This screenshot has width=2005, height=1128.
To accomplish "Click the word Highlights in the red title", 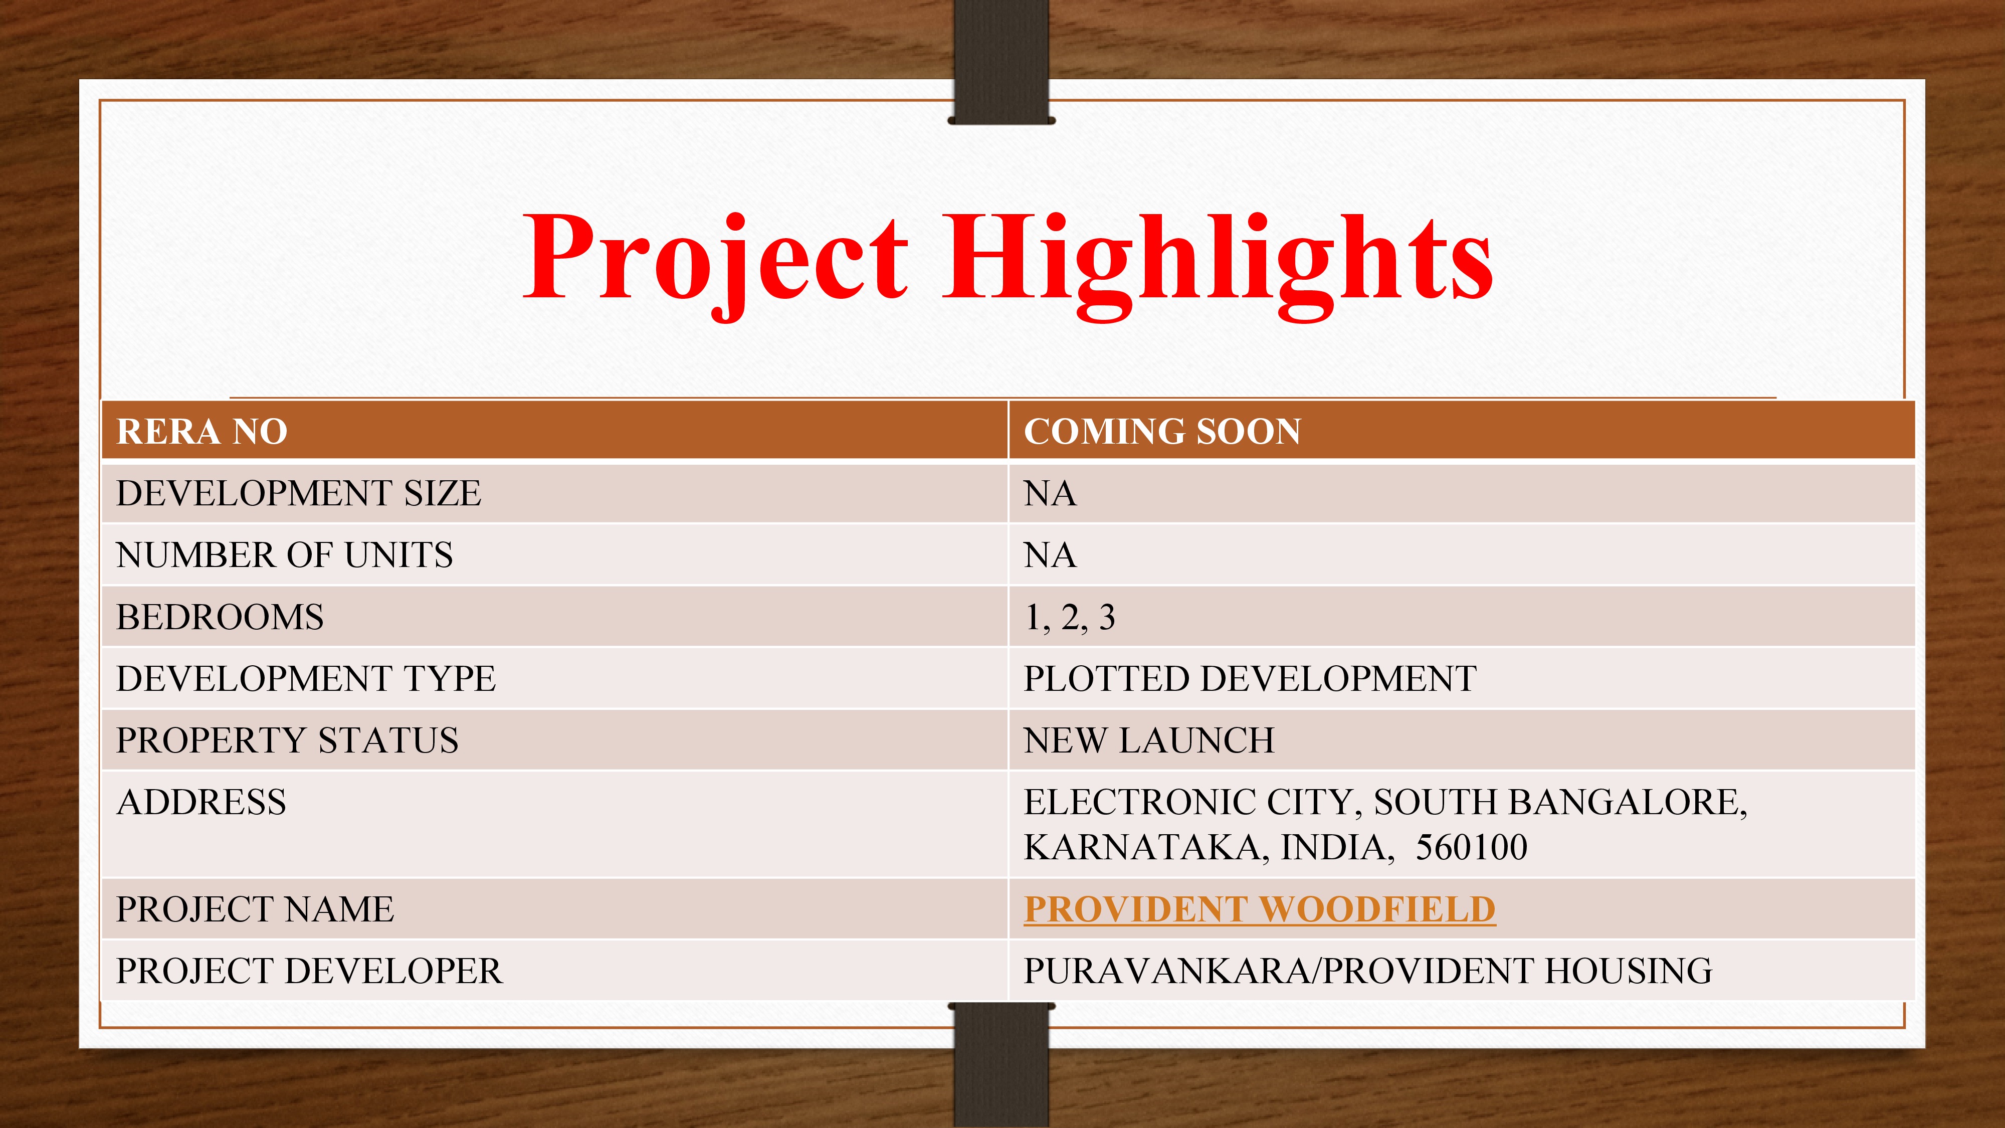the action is pyautogui.click(x=1218, y=261).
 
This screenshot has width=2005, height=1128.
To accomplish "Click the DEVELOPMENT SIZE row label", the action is pyautogui.click(x=299, y=493).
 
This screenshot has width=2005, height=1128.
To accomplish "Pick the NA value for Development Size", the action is pyautogui.click(x=1050, y=493).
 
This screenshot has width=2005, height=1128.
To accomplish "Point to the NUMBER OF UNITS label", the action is pyautogui.click(x=285, y=555).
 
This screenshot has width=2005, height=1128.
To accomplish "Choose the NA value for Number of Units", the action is pyautogui.click(x=1050, y=555).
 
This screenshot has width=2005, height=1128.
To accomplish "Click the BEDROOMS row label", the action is pyautogui.click(x=220, y=617).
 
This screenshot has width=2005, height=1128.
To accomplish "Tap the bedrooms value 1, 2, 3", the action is pyautogui.click(x=1070, y=617).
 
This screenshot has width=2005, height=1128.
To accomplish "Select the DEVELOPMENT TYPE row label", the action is pyautogui.click(x=306, y=678).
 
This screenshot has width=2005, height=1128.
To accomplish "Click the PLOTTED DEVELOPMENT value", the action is pyautogui.click(x=1250, y=678).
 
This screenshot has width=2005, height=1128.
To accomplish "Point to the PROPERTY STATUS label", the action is pyautogui.click(x=287, y=739).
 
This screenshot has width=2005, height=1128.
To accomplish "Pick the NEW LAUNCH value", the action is pyautogui.click(x=1149, y=739).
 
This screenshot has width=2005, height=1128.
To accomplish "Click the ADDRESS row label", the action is pyautogui.click(x=202, y=802).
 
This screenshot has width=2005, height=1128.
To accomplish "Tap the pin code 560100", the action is pyautogui.click(x=1471, y=847).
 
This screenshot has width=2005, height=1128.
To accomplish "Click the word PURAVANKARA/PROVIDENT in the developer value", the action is pyautogui.click(x=1278, y=971).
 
